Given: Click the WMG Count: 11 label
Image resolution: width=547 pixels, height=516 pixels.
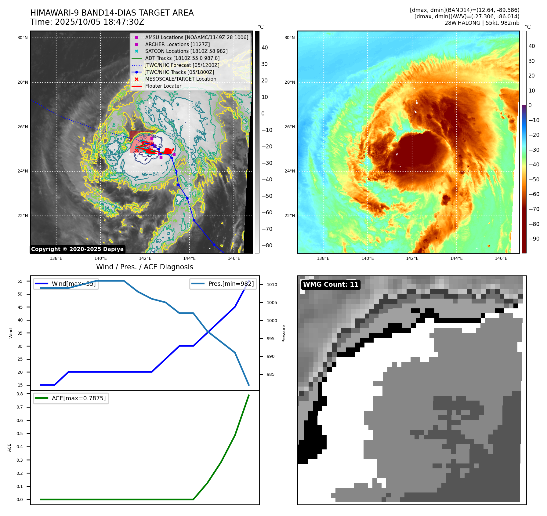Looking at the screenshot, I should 331,285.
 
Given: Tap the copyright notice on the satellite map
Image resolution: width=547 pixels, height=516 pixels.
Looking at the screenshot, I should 77,249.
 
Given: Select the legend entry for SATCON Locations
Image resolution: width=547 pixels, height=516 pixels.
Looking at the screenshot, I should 186,51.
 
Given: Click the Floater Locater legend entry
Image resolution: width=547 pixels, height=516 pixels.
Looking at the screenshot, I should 163,86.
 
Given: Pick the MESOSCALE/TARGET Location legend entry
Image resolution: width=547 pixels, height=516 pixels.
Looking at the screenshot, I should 180,79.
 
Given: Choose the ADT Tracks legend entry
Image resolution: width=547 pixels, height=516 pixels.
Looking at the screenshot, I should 182,58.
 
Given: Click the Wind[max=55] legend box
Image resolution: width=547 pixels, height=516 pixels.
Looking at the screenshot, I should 66,284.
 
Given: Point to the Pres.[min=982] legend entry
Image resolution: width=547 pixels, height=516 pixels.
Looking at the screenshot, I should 223,284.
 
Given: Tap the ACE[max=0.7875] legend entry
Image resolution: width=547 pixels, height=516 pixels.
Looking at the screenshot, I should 71,398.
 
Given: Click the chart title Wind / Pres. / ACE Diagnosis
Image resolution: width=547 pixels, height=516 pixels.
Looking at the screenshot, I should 144,267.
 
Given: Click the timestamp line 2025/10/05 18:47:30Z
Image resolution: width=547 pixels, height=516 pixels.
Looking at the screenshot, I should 87,22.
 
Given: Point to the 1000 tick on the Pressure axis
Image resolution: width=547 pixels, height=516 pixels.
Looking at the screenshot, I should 272,321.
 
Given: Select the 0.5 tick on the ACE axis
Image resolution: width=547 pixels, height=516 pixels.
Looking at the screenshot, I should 20,434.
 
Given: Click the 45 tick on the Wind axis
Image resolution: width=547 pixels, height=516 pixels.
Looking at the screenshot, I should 20,307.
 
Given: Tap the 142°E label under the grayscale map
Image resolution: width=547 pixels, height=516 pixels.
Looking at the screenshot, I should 145,259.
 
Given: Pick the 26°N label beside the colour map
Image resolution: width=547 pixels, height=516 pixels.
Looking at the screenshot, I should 290,127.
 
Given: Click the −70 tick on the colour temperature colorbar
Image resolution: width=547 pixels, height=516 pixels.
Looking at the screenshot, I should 534,209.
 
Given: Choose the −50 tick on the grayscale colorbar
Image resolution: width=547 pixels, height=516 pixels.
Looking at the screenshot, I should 267,196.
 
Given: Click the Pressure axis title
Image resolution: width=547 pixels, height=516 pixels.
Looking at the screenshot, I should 284,333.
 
